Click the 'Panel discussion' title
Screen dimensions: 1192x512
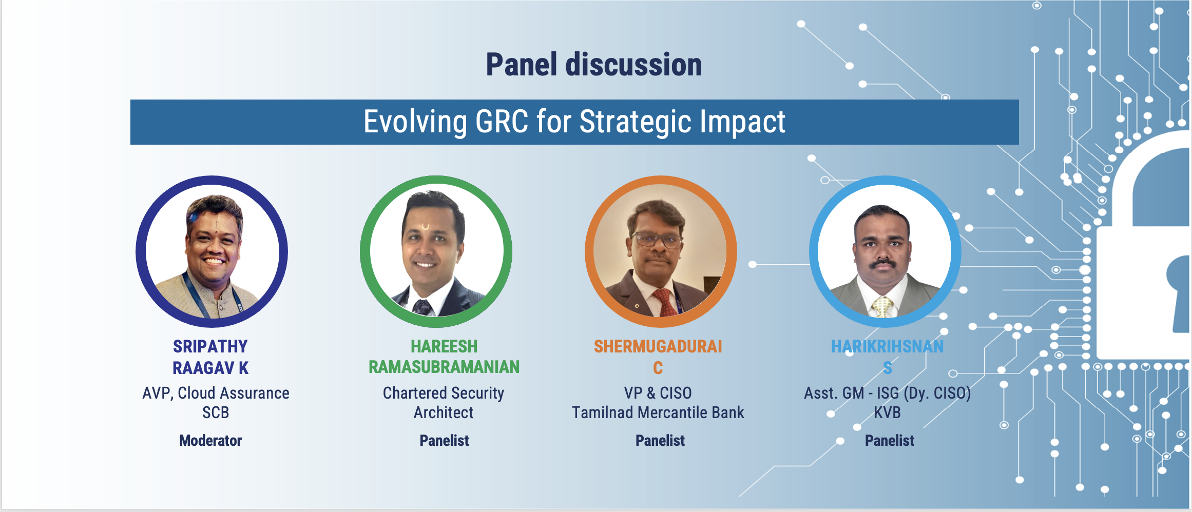click(x=594, y=65)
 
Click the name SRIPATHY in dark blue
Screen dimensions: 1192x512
click(x=210, y=347)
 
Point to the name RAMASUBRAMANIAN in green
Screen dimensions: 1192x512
click(x=444, y=367)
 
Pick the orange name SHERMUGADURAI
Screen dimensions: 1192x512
click(x=658, y=347)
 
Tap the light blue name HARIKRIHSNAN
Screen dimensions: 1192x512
click(x=888, y=347)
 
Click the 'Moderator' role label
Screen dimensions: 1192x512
click(x=210, y=441)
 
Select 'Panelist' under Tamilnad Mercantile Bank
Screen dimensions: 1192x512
click(x=660, y=441)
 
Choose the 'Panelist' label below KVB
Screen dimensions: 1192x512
click(x=890, y=441)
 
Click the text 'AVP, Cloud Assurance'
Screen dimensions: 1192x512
click(x=216, y=393)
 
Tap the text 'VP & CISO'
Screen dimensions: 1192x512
click(x=658, y=393)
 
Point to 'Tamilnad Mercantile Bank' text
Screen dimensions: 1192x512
click(x=658, y=412)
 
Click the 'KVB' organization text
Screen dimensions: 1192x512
click(x=888, y=412)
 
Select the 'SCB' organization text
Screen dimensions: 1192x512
click(x=216, y=412)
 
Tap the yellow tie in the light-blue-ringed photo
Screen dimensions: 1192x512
click(x=882, y=306)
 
